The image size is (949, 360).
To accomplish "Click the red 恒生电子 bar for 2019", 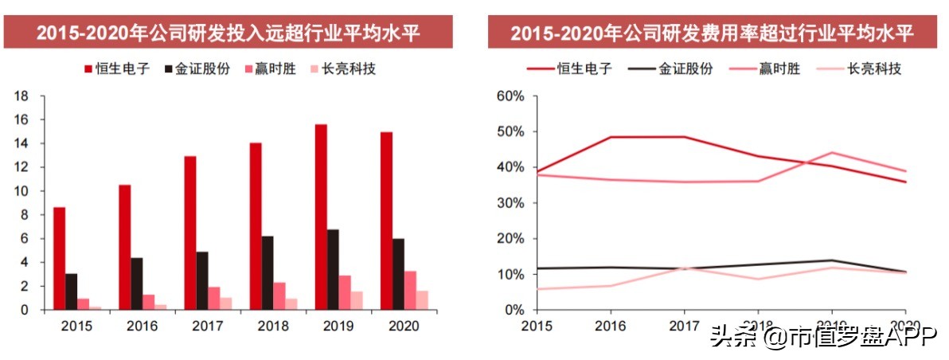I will tap(321, 217).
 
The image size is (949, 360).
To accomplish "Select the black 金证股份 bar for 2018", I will tap(268, 272).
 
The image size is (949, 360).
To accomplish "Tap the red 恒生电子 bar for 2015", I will tap(60, 258).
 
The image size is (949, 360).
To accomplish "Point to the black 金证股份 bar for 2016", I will tap(137, 283).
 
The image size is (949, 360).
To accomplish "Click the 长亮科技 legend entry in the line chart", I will tap(863, 68).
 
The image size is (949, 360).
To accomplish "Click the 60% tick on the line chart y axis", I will tap(510, 96).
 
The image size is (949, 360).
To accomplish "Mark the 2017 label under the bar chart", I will tap(207, 326).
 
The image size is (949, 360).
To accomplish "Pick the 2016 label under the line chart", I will tap(610, 326).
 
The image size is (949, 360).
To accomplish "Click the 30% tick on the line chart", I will tap(510, 203).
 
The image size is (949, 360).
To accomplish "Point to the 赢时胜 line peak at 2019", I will tap(831, 152).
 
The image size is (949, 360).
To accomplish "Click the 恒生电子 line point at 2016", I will tap(610, 137).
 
